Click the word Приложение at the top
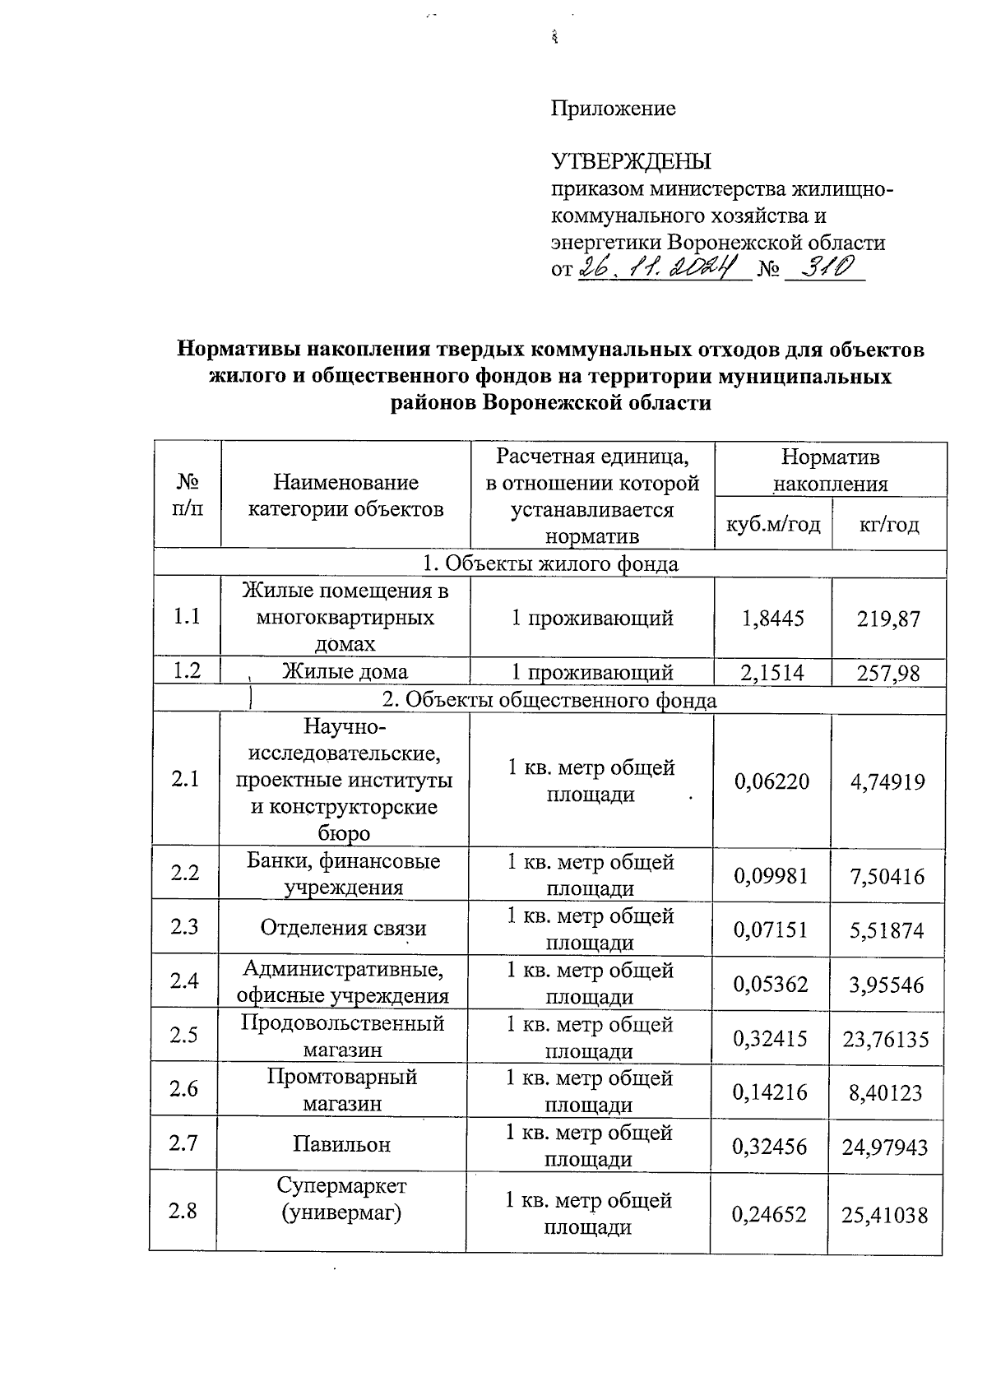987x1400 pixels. click(x=613, y=109)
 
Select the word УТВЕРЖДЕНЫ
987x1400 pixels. click(x=631, y=161)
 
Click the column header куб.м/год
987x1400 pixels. click(x=772, y=524)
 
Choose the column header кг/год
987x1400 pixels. click(x=888, y=524)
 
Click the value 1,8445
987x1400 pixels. click(x=772, y=618)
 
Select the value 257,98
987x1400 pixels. click(x=887, y=674)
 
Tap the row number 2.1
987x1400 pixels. click(x=186, y=779)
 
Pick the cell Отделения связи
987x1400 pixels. click(x=344, y=929)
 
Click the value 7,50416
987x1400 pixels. click(x=887, y=876)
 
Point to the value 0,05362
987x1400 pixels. click(x=772, y=984)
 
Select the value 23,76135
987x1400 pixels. click(x=886, y=1039)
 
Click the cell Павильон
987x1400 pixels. click(x=342, y=1144)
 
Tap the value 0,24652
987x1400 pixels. click(x=771, y=1214)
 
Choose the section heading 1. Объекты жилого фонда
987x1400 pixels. click(x=550, y=564)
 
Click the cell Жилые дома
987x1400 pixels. click(x=345, y=672)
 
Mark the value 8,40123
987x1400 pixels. click(x=887, y=1093)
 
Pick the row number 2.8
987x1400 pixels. click(x=183, y=1211)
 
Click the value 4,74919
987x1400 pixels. click(x=887, y=781)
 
